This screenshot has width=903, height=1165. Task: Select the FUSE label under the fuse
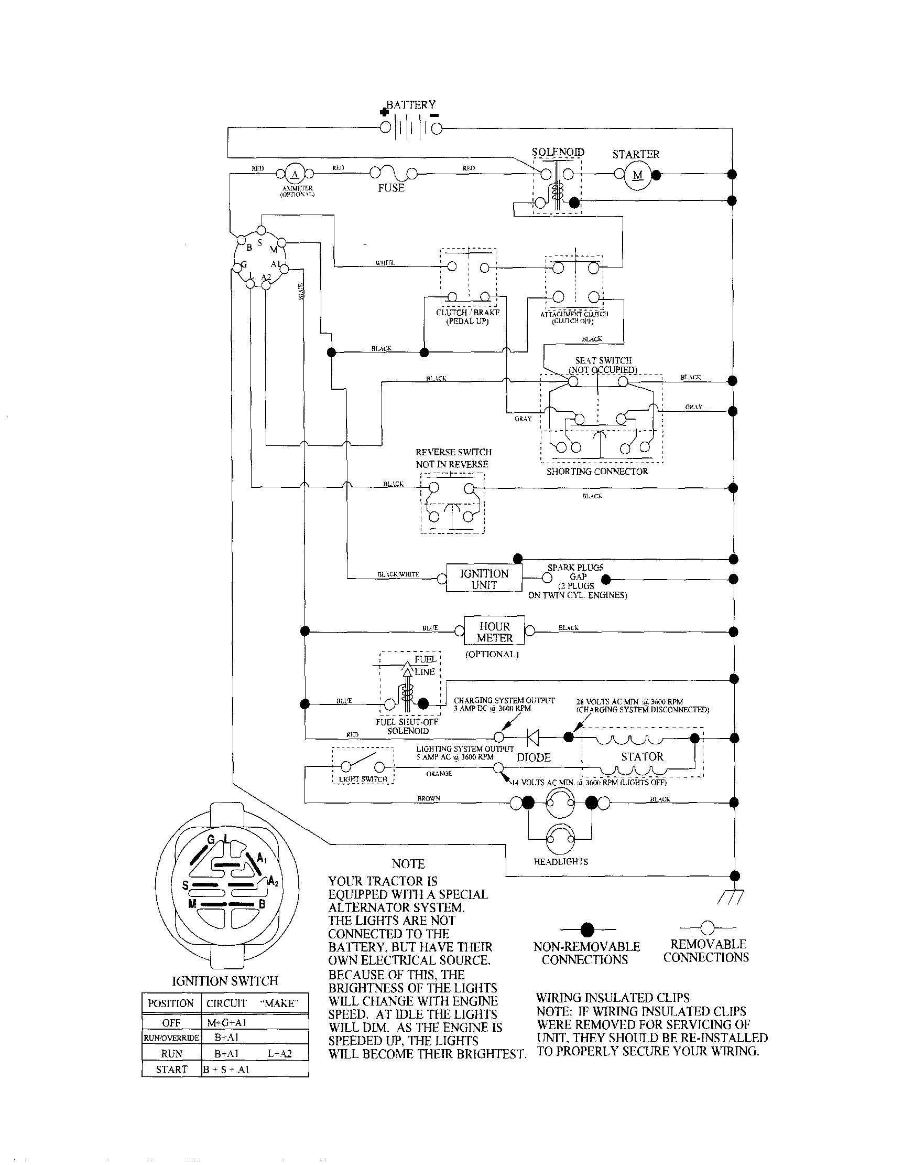(x=391, y=188)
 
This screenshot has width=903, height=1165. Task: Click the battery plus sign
(x=383, y=112)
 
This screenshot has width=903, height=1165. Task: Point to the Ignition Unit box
(x=484, y=579)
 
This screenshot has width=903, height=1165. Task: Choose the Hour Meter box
(x=494, y=632)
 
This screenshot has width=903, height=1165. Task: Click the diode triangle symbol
(x=532, y=737)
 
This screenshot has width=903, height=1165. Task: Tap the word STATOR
(x=642, y=756)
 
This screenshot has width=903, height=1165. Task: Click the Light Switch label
(x=363, y=779)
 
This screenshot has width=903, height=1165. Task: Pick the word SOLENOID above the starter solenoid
(x=558, y=152)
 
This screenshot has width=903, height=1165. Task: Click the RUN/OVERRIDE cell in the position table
(x=171, y=1038)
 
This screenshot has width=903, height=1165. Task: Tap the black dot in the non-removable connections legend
(x=587, y=929)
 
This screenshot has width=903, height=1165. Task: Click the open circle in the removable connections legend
(x=707, y=927)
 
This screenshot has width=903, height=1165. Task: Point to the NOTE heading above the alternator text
(x=408, y=863)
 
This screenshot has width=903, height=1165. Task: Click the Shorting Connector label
(x=597, y=471)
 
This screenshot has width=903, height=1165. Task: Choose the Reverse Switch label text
(x=453, y=458)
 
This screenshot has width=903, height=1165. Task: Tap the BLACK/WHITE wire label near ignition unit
(x=398, y=574)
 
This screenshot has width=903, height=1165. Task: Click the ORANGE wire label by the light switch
(x=439, y=774)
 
